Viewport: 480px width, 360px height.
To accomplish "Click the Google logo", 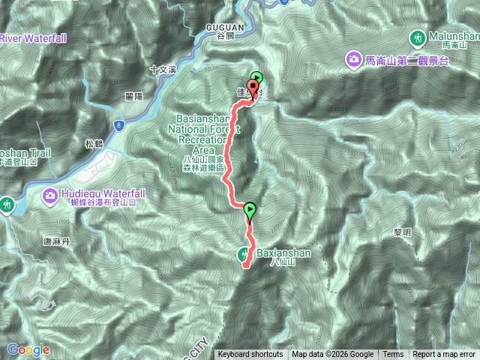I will (x=28, y=349).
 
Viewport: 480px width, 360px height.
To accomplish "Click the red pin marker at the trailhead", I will (x=253, y=88).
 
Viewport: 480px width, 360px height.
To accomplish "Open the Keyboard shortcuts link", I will (x=250, y=355).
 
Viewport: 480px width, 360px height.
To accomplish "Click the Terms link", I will (x=392, y=355).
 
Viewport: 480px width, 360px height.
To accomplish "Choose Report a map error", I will (x=445, y=355).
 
